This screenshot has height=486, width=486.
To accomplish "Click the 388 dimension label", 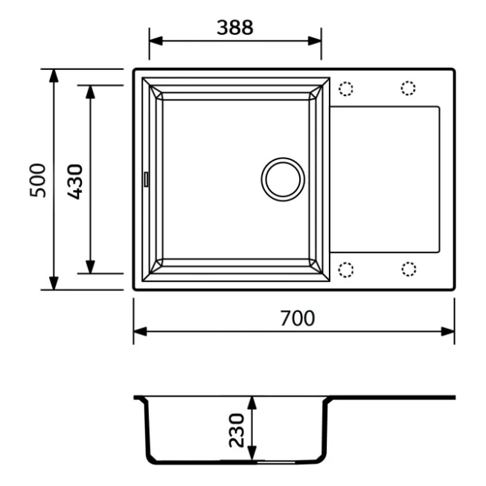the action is click(x=235, y=28).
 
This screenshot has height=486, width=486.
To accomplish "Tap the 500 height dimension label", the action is click(x=37, y=180).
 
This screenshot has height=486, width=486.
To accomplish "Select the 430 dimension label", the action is click(x=75, y=182).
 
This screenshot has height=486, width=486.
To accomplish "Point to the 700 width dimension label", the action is click(x=298, y=319).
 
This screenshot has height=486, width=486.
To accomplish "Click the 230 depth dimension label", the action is click(x=237, y=430).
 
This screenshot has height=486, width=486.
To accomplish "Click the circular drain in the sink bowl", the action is click(x=283, y=179).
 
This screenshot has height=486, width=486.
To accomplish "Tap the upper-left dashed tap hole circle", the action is click(x=346, y=89).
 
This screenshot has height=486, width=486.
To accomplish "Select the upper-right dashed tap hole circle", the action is click(x=408, y=88).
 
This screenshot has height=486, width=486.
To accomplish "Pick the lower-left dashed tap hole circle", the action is click(x=346, y=269).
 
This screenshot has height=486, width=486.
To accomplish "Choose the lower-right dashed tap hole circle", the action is click(x=409, y=269).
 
